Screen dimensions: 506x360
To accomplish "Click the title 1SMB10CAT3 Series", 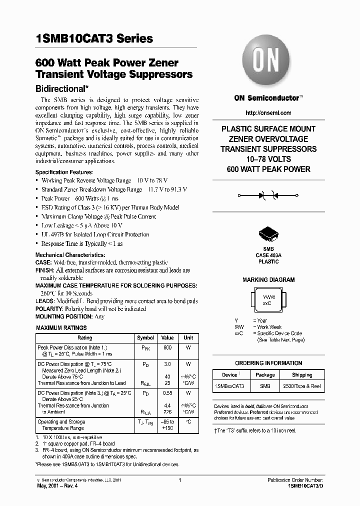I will [94, 39].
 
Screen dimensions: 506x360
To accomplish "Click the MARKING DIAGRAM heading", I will [268, 280].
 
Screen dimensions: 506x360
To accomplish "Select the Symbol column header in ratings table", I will [145, 338].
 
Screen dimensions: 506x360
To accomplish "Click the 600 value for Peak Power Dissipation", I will [167, 347].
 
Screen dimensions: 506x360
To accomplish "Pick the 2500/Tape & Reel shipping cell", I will [301, 386].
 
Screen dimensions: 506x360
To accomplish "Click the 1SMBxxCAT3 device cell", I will [229, 386].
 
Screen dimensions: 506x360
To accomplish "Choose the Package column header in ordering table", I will [265, 374].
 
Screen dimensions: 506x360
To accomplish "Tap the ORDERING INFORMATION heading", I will [268, 363].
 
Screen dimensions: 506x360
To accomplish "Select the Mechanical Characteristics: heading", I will [69, 254].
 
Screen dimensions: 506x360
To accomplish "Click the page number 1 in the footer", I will [179, 480].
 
